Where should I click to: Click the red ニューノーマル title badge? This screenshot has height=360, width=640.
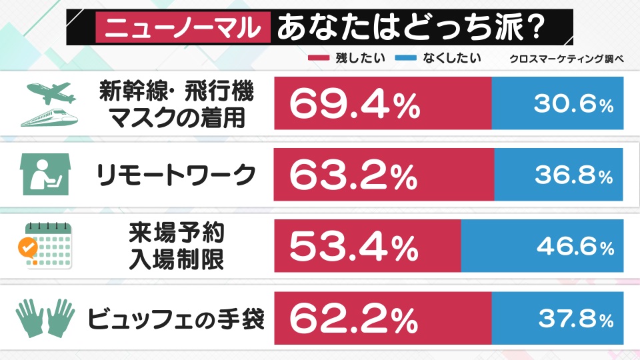[182, 29]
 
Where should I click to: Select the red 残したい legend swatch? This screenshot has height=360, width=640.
[319, 59]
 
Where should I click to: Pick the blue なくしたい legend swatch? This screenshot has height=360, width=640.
[405, 59]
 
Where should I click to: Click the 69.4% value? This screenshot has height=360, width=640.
[354, 103]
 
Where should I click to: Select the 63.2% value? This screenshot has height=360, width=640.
[354, 175]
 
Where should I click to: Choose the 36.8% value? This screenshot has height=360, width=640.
[573, 176]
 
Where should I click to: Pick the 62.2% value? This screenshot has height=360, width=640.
[354, 319]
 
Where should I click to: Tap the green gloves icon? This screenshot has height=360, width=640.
[45, 319]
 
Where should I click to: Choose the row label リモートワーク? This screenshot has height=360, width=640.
[177, 176]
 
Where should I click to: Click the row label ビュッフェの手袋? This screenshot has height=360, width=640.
[177, 319]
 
